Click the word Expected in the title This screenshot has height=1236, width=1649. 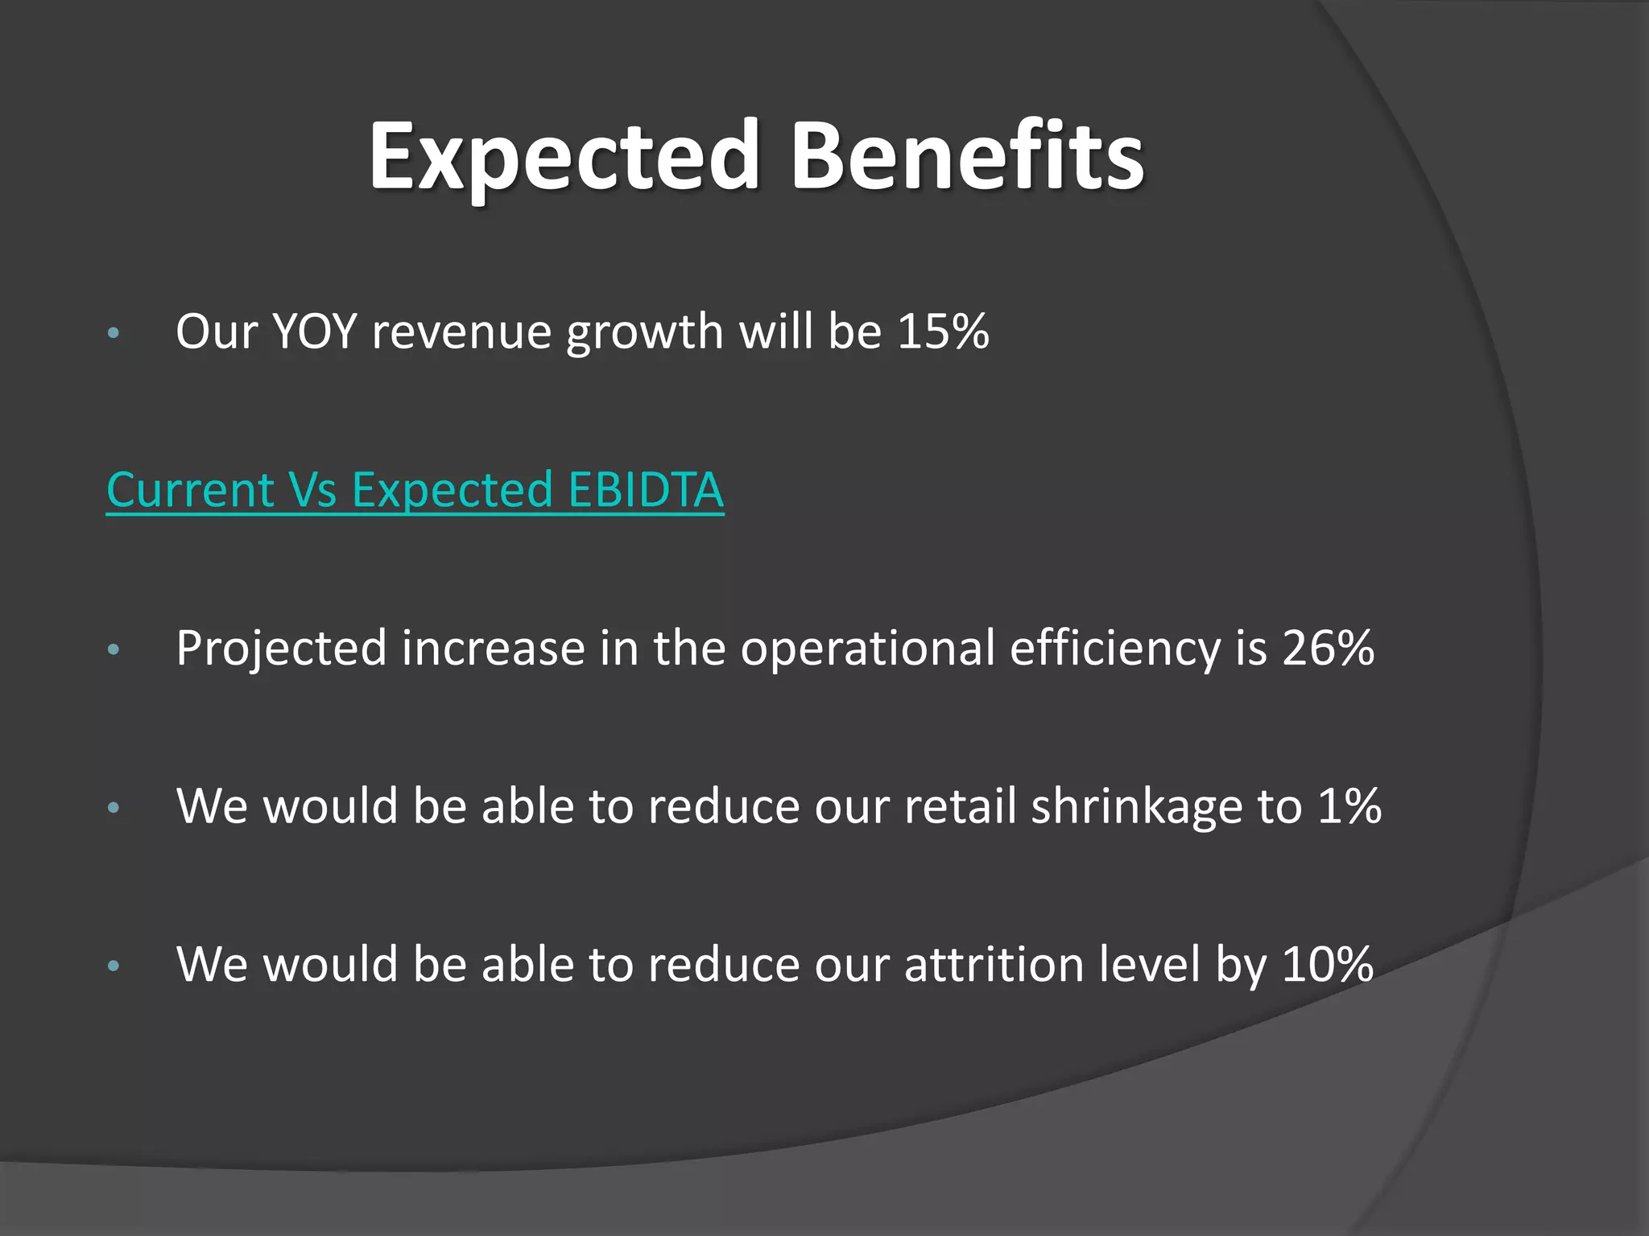coord(564,157)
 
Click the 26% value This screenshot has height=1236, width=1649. coord(1328,648)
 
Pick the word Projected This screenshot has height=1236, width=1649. coord(281,649)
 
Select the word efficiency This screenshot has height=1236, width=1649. coord(1115,649)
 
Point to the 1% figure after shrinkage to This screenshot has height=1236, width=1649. coord(1349,805)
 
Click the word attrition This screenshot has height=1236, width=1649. coord(994,964)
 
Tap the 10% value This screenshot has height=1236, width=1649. coord(1328,964)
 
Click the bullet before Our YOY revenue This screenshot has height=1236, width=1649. coord(114,332)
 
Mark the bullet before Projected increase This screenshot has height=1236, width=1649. coord(114,649)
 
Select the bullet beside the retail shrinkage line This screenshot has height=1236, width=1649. coord(114,807)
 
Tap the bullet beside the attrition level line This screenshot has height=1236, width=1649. coord(114,965)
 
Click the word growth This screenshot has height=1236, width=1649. coord(645,332)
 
